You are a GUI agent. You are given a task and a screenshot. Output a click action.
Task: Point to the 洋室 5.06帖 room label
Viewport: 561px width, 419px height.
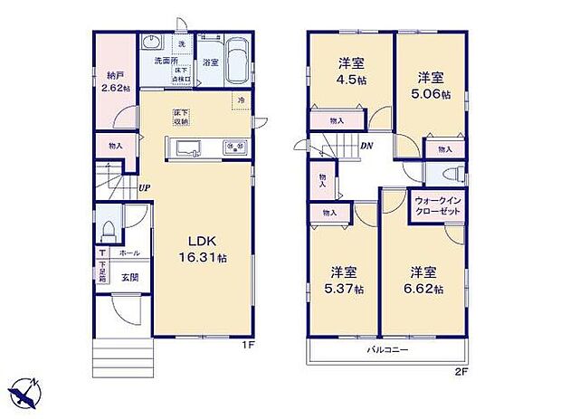429,85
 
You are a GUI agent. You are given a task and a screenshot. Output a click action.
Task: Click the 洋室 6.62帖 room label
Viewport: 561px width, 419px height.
423,281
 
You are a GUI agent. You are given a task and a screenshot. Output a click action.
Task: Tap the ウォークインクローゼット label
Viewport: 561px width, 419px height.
438,205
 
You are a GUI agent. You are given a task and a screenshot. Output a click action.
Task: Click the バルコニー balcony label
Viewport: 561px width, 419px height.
387,349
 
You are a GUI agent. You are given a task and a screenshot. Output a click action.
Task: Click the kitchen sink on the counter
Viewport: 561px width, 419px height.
191,149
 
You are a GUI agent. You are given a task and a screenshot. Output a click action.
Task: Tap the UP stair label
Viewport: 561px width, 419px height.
144,188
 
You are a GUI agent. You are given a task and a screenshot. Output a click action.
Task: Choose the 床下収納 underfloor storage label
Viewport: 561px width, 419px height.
181,117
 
